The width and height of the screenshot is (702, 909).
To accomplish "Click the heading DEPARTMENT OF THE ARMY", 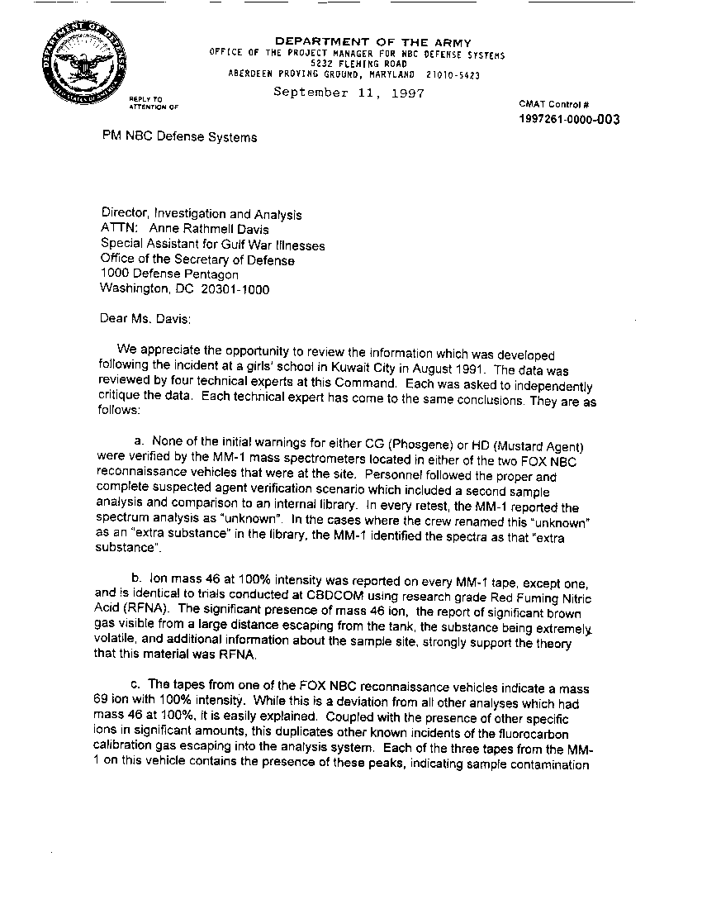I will [372, 42].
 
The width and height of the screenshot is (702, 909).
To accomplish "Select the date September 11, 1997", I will [349, 93].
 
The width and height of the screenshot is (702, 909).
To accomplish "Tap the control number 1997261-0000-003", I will [569, 120].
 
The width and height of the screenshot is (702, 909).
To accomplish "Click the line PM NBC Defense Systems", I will [178, 137].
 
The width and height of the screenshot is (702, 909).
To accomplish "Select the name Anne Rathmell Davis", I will [210, 230].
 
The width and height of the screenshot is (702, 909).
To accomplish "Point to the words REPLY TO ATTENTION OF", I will [153, 103].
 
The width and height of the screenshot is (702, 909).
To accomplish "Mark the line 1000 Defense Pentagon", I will [169, 274].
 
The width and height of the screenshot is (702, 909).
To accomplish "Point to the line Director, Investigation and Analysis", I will [201, 215].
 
